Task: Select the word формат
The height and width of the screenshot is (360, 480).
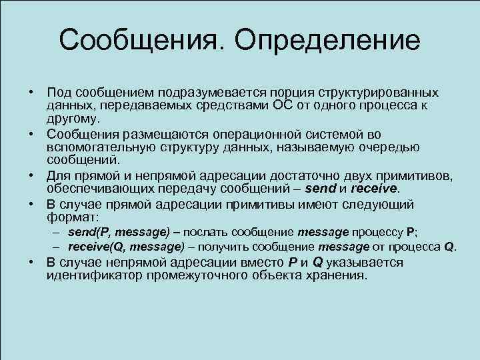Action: [71, 217]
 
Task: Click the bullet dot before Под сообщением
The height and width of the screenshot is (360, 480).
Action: [32, 91]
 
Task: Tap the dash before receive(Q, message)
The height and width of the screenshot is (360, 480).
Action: [59, 247]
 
